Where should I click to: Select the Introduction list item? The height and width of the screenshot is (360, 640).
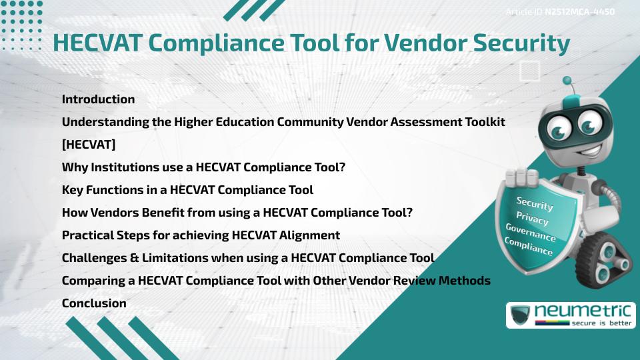tap(98, 99)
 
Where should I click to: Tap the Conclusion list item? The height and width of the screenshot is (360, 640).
tap(94, 303)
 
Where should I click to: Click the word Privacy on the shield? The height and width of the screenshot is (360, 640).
tap(532, 219)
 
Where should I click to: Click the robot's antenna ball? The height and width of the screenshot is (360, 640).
tap(567, 81)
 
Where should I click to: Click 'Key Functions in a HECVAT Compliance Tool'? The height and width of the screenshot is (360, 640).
tap(187, 190)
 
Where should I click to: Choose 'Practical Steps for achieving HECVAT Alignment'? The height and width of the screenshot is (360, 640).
tap(201, 235)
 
